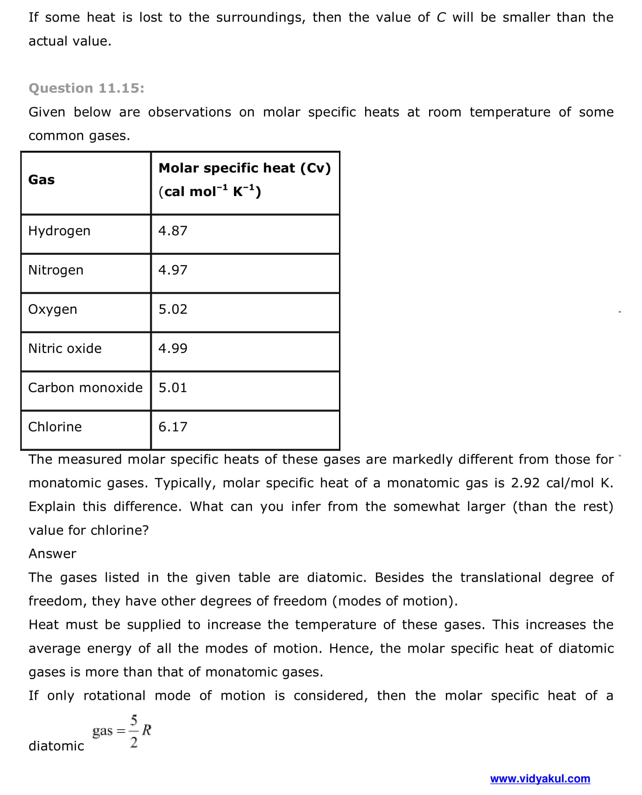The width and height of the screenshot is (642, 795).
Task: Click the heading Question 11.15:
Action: tap(86, 88)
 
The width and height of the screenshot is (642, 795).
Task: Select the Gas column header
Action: tap(42, 180)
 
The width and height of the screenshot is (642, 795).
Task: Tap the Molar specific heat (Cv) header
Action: tap(245, 168)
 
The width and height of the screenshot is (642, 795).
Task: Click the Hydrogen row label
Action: tap(59, 231)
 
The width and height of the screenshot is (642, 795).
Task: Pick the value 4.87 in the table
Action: tap(173, 231)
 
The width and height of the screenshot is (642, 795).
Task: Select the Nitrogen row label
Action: tap(56, 270)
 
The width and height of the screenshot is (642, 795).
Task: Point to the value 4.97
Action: tap(173, 270)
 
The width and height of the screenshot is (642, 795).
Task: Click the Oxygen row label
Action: tap(53, 310)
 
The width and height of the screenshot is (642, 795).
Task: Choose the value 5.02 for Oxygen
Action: tap(173, 310)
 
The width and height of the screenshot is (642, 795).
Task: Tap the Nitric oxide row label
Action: tap(65, 349)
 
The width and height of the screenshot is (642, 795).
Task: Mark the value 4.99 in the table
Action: tap(173, 349)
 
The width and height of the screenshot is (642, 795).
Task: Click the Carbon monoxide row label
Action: tap(85, 388)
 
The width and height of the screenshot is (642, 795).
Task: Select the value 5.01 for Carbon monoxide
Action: tap(173, 388)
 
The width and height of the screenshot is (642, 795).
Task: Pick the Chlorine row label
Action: tap(55, 427)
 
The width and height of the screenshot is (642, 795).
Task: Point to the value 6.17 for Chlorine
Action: tap(173, 427)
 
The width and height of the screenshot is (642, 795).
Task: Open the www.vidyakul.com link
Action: tap(540, 779)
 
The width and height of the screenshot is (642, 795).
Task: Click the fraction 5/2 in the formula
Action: tap(134, 731)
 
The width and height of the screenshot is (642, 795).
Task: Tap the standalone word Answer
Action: tap(52, 554)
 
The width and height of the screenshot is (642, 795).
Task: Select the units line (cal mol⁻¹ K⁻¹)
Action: tap(210, 191)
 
